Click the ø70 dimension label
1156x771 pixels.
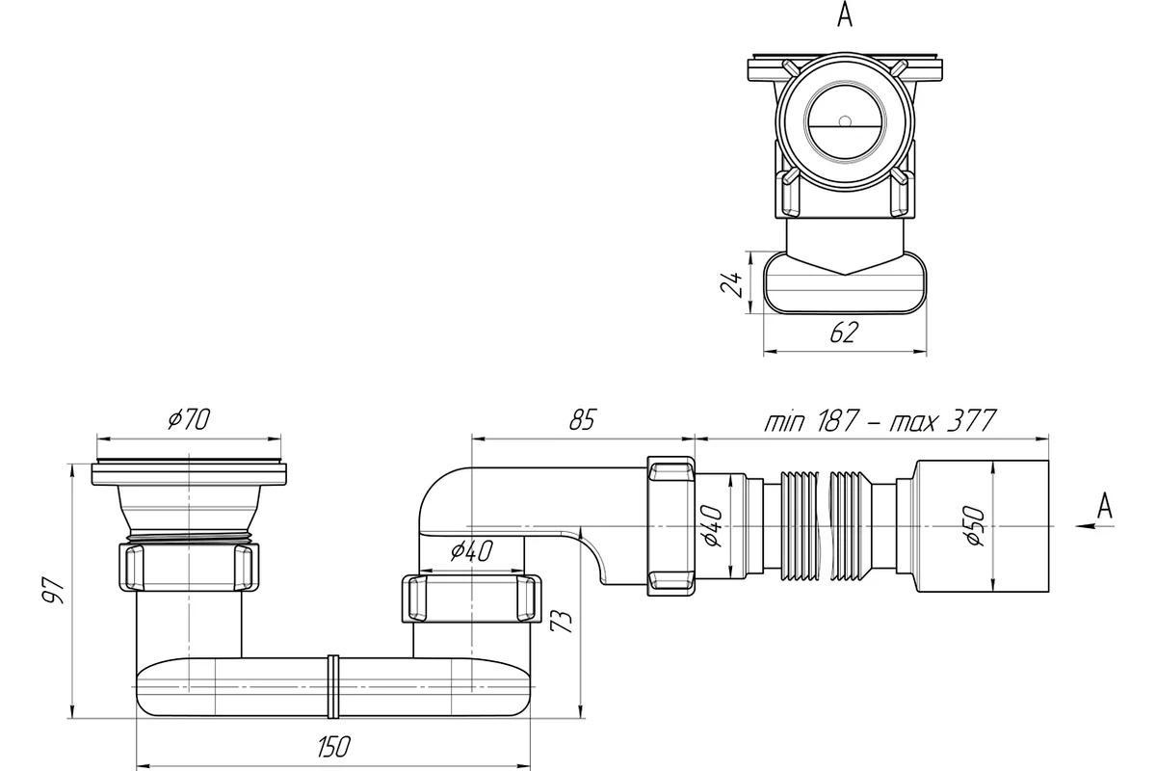click(189, 419)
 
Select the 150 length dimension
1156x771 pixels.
click(334, 746)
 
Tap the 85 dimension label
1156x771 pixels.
click(583, 419)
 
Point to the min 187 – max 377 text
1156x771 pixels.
click(880, 420)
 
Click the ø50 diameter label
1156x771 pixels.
click(975, 525)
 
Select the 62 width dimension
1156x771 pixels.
click(844, 332)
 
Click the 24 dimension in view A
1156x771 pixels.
click(731, 283)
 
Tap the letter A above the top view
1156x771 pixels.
click(845, 15)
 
